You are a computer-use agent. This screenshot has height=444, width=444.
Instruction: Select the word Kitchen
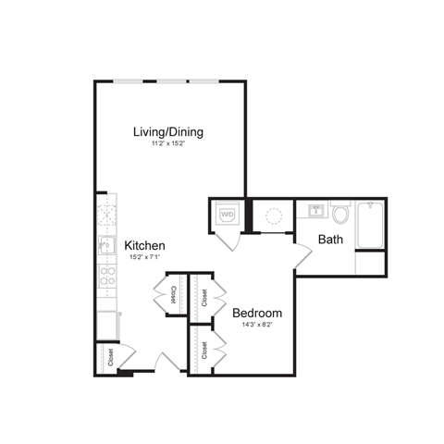point(145,245)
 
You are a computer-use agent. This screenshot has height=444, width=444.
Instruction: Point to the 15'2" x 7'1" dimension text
point(145,257)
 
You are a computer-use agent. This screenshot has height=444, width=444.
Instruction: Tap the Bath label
point(329,240)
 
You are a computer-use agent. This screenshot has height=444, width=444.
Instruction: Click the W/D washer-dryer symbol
point(227,216)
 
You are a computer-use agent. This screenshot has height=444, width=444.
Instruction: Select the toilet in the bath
point(340,216)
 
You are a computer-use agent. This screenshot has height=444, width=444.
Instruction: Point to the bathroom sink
point(316,210)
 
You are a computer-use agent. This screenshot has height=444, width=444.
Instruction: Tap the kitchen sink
point(105,246)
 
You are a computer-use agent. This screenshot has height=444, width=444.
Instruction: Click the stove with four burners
point(106,276)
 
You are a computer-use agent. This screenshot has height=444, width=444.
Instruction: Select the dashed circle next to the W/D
point(273,216)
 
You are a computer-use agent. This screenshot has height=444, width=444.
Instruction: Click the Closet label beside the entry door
point(110,357)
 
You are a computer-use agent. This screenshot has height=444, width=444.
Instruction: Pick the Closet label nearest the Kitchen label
point(173,295)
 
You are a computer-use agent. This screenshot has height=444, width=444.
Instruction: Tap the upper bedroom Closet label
point(203,297)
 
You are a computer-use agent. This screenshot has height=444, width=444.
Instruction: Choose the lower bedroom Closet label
point(203,351)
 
